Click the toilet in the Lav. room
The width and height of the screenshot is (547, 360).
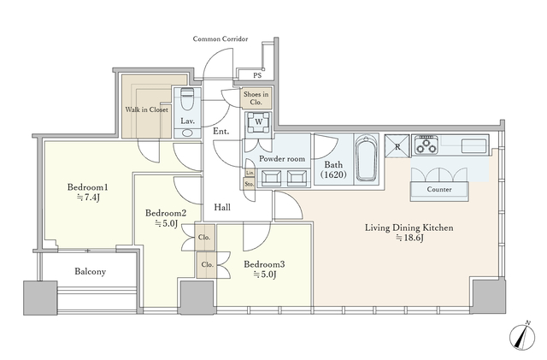pyautogui.click(x=187, y=98)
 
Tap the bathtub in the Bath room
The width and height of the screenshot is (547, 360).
pyautogui.click(x=366, y=157)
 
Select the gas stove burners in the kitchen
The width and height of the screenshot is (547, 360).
pyautogui.click(x=426, y=145)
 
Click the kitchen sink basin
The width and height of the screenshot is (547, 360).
pyautogui.click(x=473, y=146)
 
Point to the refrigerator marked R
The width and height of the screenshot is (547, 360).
pyautogui.click(x=397, y=146)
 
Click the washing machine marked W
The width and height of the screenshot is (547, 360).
pyautogui.click(x=258, y=122)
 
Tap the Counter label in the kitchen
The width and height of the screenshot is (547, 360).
pyautogui.click(x=439, y=189)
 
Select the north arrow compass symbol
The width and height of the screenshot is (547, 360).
pyautogui.click(x=522, y=336)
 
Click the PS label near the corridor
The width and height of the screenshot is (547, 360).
pyautogui.click(x=257, y=75)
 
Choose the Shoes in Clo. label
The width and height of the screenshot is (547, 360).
pyautogui.click(x=256, y=98)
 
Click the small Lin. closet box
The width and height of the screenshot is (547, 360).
pyautogui.click(x=250, y=173)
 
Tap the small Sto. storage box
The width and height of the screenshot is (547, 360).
pyautogui.click(x=249, y=184)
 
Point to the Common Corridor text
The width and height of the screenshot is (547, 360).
pyautogui.click(x=221, y=38)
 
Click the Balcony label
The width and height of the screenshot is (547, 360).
pyautogui.click(x=90, y=272)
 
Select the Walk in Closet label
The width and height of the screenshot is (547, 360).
pyautogui.click(x=146, y=109)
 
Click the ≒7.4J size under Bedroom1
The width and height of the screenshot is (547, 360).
pyautogui.click(x=88, y=198)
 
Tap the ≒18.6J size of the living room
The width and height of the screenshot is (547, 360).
pyautogui.click(x=409, y=238)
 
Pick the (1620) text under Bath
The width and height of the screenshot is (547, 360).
pyautogui.click(x=333, y=174)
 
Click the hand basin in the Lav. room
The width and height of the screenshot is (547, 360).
pyautogui.click(x=187, y=133)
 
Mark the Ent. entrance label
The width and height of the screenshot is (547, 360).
pyautogui.click(x=221, y=132)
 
